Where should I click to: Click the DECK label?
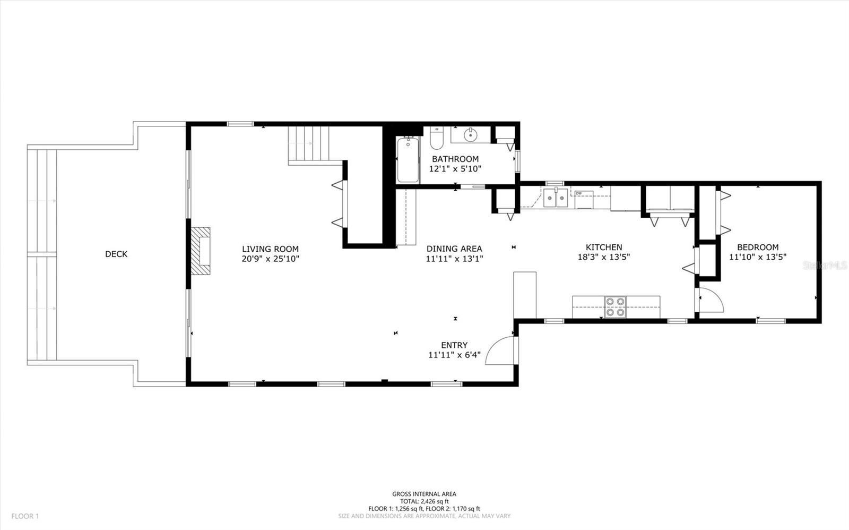point(116,254)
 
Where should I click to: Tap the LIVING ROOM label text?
point(270,249)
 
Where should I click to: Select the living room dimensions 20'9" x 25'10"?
point(270,259)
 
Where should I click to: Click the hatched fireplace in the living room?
point(201,251)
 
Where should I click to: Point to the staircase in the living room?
point(308,143)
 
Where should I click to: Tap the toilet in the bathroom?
point(437,139)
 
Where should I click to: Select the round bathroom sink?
point(470,134)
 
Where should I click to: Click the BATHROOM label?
point(455,159)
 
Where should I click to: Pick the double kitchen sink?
point(556,198)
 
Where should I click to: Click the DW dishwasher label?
point(579,193)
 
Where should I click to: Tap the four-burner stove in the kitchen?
point(615,307)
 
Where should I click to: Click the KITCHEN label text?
point(604,247)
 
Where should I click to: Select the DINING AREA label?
point(454,249)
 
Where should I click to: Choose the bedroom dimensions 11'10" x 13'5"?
point(758,257)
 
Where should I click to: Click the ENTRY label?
point(454,345)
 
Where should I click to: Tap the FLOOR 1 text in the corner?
point(25,516)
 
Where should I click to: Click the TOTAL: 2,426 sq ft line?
point(424,501)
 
